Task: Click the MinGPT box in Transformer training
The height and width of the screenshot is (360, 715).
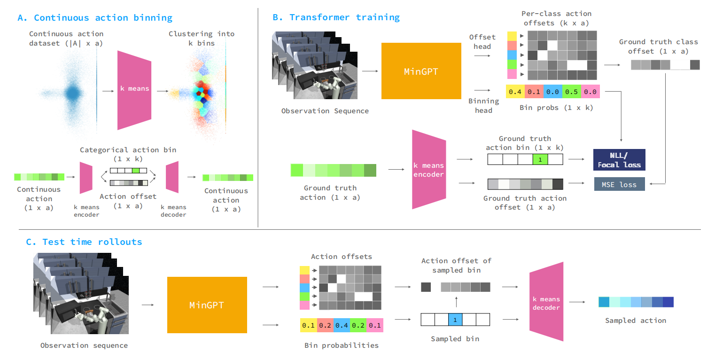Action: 421,71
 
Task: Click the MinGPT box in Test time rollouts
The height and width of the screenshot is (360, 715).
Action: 207,305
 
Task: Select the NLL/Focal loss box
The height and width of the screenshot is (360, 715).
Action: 619,160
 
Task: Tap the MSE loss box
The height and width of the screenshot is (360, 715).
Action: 619,184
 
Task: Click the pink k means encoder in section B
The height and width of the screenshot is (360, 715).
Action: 429,170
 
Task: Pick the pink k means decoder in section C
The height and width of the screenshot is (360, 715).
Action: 546,302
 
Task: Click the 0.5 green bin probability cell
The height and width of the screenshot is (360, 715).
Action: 571,92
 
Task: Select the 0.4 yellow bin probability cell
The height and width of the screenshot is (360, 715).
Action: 515,92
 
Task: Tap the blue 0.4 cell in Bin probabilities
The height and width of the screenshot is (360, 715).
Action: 342,325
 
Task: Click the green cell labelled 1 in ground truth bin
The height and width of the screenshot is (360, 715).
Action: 540,159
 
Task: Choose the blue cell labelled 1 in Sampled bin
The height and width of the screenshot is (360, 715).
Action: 455,320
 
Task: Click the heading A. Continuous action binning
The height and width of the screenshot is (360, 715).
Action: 95,17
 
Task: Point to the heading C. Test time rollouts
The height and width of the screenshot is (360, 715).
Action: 84,242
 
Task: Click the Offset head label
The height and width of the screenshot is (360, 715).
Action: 482,42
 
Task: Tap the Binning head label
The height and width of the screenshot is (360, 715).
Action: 483,106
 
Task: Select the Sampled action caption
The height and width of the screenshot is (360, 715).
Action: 636,321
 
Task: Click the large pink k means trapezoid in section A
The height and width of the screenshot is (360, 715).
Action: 134,90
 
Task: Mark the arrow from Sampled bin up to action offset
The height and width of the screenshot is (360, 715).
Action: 457,302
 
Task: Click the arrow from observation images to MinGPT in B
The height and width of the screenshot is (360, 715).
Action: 370,71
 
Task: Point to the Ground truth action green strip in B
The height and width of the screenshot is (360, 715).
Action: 333,170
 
